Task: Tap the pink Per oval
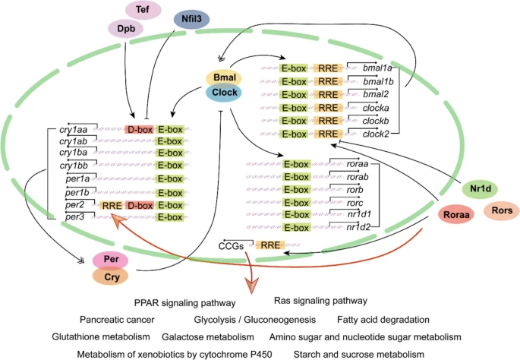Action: pyautogui.click(x=110, y=261)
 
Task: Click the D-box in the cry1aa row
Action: pyautogui.click(x=140, y=131)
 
